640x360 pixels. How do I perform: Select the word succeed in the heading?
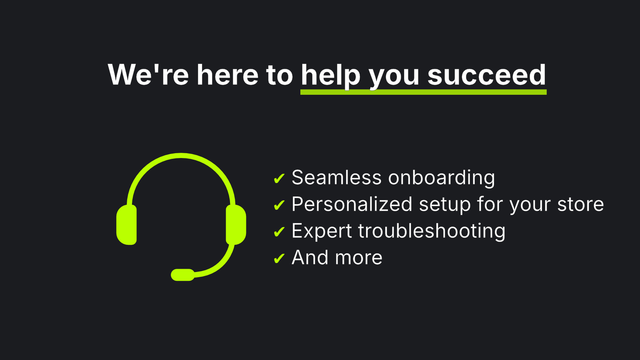486,75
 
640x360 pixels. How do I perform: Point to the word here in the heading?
228,75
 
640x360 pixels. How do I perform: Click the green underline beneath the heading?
423,92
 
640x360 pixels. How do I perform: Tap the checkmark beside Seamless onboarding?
279,178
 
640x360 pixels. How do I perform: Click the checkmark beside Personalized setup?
279,205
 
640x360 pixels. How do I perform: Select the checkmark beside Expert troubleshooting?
279,232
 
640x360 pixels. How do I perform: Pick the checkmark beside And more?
279,258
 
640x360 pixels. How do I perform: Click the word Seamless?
336,178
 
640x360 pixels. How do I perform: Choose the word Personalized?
352,204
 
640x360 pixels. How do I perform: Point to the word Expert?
322,231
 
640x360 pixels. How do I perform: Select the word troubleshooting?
432,231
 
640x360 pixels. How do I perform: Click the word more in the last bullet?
359,258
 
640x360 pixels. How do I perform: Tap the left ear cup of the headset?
126,224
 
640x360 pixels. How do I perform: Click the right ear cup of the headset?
236,224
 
